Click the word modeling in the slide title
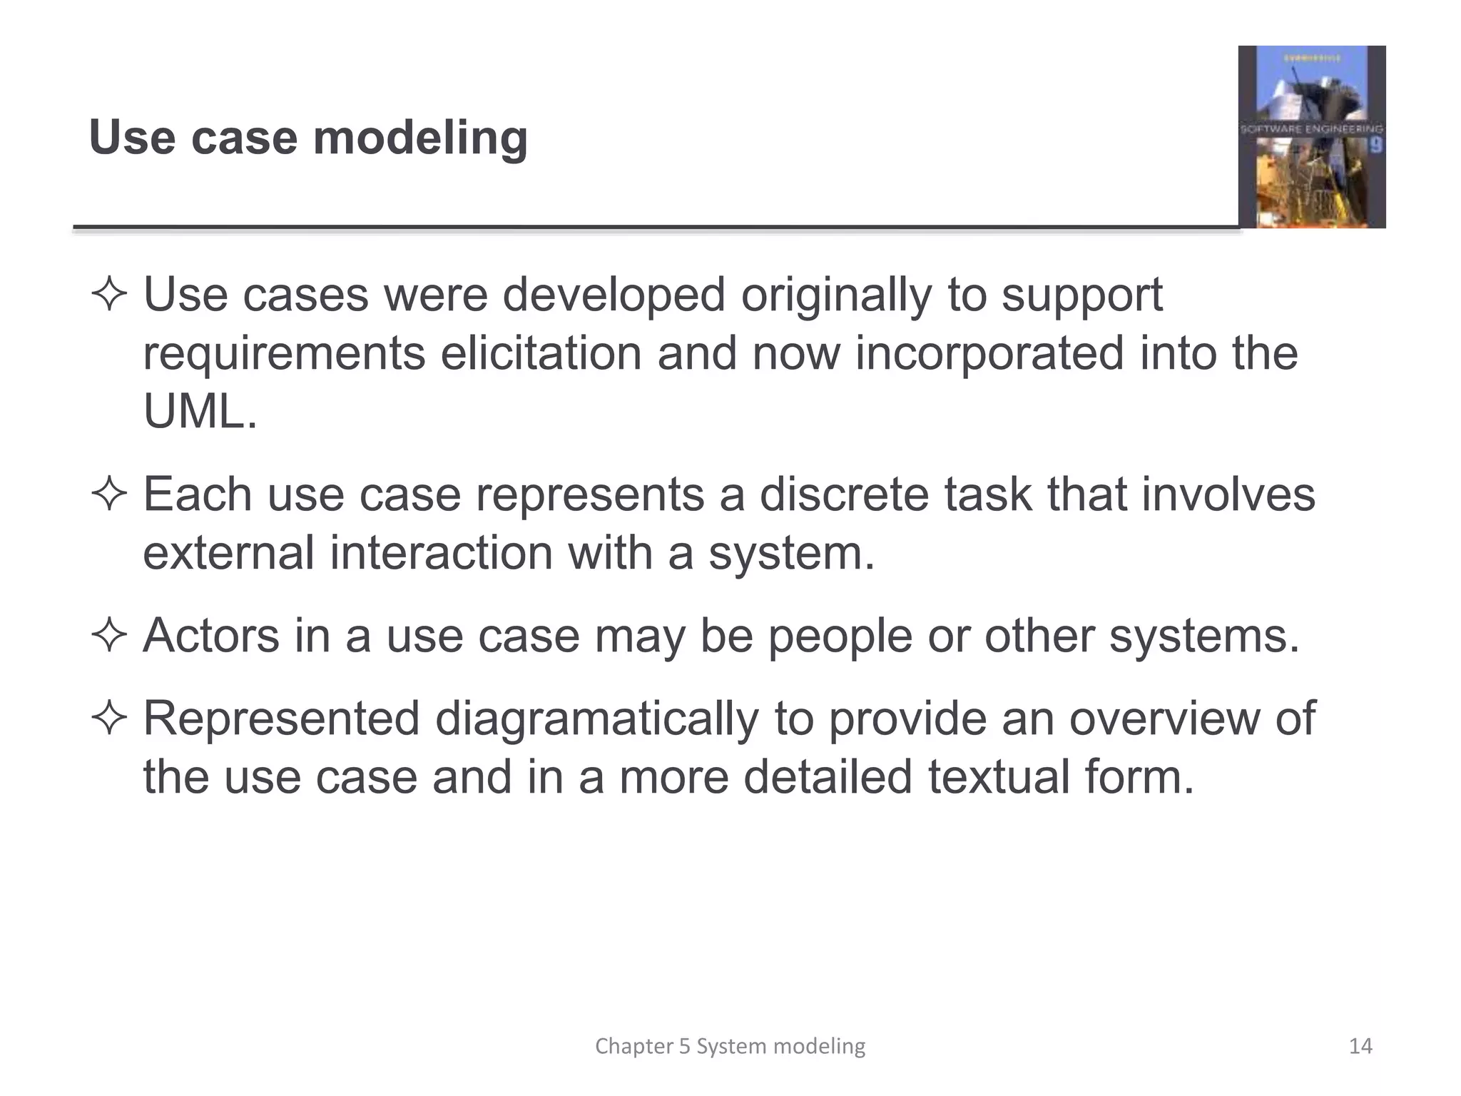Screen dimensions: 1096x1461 click(420, 138)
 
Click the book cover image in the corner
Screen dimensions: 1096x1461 click(1311, 137)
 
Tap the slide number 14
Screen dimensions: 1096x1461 click(1360, 1046)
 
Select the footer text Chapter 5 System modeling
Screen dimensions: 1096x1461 click(730, 1046)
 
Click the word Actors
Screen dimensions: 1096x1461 click(211, 635)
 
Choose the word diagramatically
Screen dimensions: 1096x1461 click(596, 718)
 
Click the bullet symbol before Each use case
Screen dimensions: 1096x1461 click(109, 494)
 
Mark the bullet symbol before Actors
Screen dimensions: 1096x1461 click(109, 635)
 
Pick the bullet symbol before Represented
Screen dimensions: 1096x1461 click(109, 718)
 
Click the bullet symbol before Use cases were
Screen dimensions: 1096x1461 click(109, 295)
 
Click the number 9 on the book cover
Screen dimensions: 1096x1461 click(1375, 146)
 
